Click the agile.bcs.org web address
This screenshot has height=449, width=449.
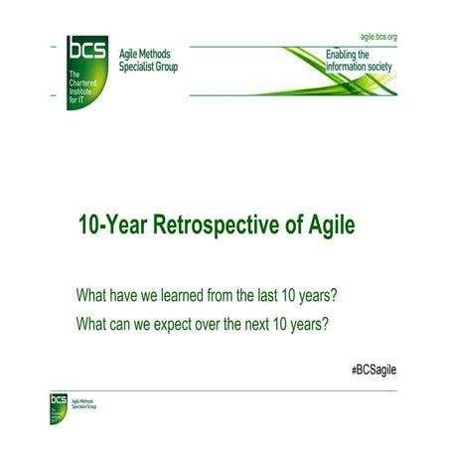(x=373, y=36)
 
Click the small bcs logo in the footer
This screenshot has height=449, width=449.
(x=59, y=400)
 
